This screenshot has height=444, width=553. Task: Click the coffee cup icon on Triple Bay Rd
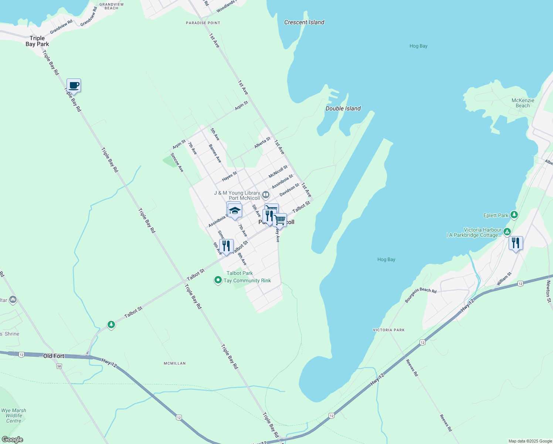click(74, 85)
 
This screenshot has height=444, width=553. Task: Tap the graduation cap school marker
click(234, 211)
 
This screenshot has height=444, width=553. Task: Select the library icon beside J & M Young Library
click(266, 195)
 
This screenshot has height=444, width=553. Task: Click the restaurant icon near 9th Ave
click(226, 246)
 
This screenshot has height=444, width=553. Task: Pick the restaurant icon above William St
click(516, 243)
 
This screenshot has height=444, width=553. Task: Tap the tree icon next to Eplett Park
click(514, 215)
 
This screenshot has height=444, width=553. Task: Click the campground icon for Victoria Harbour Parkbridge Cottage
click(507, 232)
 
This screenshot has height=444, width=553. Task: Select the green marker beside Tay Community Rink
click(218, 280)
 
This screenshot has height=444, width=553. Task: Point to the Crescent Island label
click(304, 22)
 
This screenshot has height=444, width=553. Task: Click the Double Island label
click(343, 108)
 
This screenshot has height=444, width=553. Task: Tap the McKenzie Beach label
click(523, 103)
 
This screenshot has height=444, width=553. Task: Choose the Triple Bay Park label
click(37, 41)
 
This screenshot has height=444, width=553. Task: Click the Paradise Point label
click(203, 23)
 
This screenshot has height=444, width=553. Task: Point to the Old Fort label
click(54, 356)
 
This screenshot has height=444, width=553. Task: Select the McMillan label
click(174, 363)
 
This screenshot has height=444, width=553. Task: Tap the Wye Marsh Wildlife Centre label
click(14, 416)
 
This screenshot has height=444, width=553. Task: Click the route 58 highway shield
click(59, 366)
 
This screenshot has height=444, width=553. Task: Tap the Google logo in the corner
click(13, 440)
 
